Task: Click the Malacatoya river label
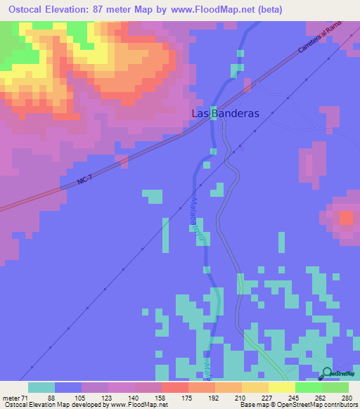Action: tap(197, 218)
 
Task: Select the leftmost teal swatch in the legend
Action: tap(41, 387)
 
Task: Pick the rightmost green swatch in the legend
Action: tap(335, 387)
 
